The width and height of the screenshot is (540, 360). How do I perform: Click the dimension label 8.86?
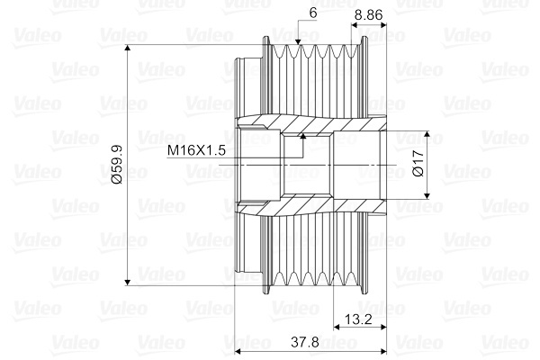368,14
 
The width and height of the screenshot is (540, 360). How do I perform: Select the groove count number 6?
313,13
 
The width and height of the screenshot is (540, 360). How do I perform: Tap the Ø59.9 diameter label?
117,165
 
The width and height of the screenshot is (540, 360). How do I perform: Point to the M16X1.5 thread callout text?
196,150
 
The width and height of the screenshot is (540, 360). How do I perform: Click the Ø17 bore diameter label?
418,163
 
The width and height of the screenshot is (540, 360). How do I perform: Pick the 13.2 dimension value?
358,319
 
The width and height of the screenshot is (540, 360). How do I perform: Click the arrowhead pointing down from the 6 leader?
298,41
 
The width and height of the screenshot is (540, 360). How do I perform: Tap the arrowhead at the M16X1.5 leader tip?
303,136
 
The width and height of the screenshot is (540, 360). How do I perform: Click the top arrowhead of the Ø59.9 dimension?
128,48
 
